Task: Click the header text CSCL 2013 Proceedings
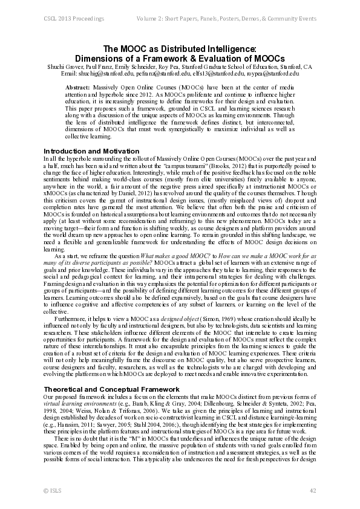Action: click(x=70, y=19)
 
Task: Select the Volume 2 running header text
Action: click(x=227, y=19)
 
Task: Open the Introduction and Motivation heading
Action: click(x=91, y=151)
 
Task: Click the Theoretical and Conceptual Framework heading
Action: click(x=111, y=372)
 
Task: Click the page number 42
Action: click(x=313, y=489)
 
